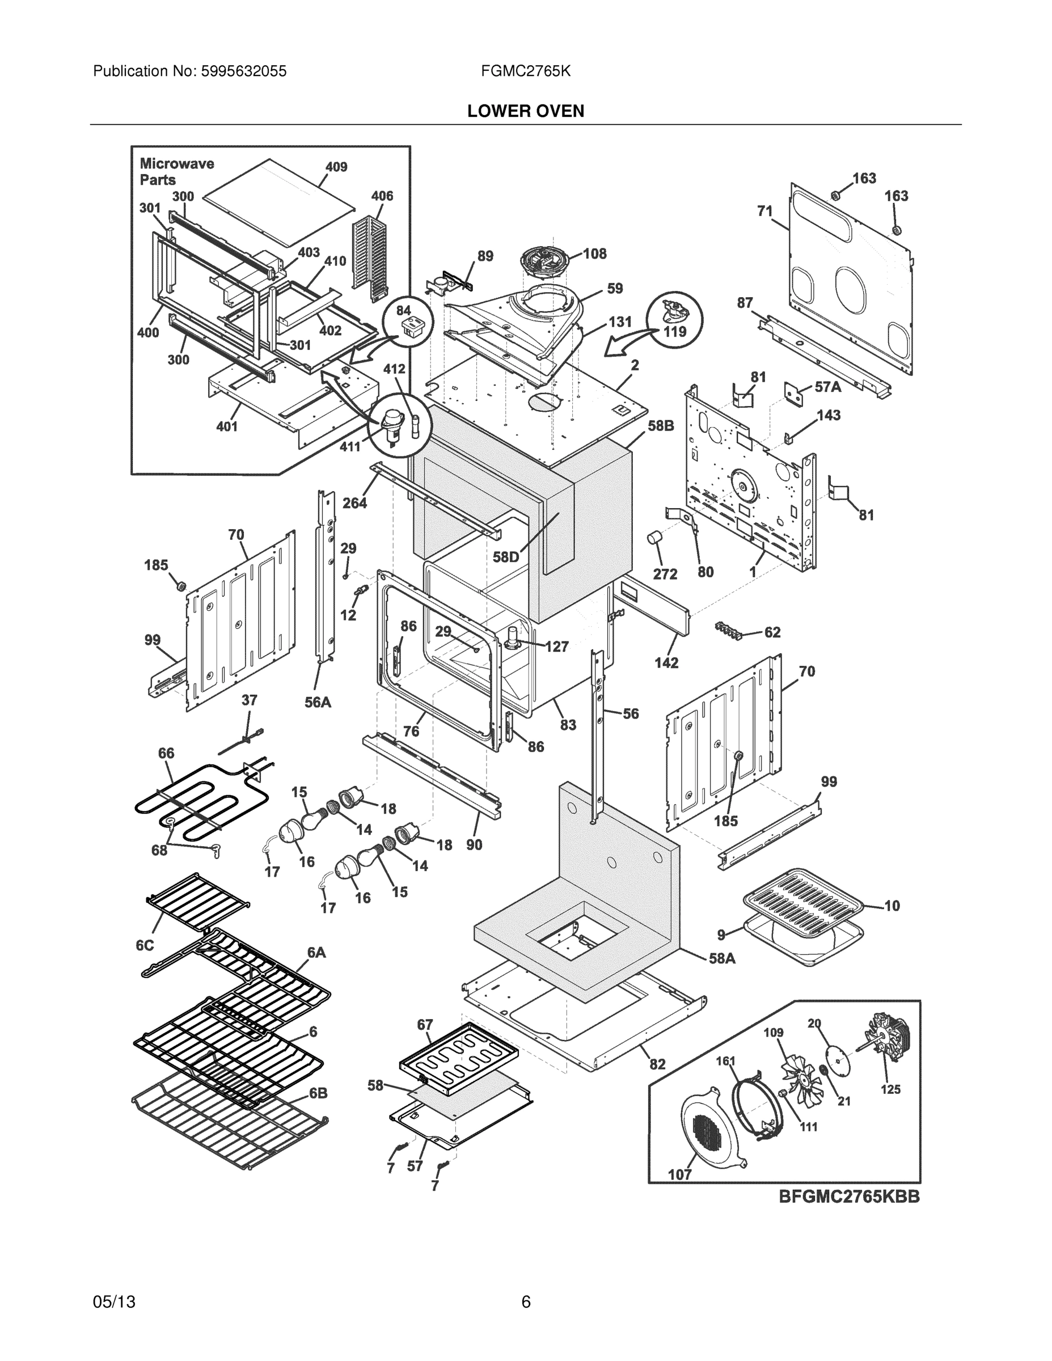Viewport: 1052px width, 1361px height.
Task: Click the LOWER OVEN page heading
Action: tap(525, 111)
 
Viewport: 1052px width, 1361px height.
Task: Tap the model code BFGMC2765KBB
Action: tap(849, 1197)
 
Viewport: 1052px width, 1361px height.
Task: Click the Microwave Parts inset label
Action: tap(176, 171)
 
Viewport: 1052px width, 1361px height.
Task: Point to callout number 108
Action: tap(594, 253)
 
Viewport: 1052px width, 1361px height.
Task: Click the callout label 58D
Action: tap(505, 557)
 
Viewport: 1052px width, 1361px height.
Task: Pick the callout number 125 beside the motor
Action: tap(890, 1089)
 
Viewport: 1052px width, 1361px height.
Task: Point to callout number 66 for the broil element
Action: tap(166, 753)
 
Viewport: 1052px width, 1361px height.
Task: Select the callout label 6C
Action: tap(145, 945)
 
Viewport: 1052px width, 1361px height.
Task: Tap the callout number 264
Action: tap(354, 502)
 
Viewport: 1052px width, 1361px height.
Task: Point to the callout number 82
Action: tap(657, 1064)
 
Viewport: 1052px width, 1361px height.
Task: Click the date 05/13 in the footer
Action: tap(114, 1301)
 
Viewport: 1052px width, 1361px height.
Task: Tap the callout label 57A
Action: tap(827, 387)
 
